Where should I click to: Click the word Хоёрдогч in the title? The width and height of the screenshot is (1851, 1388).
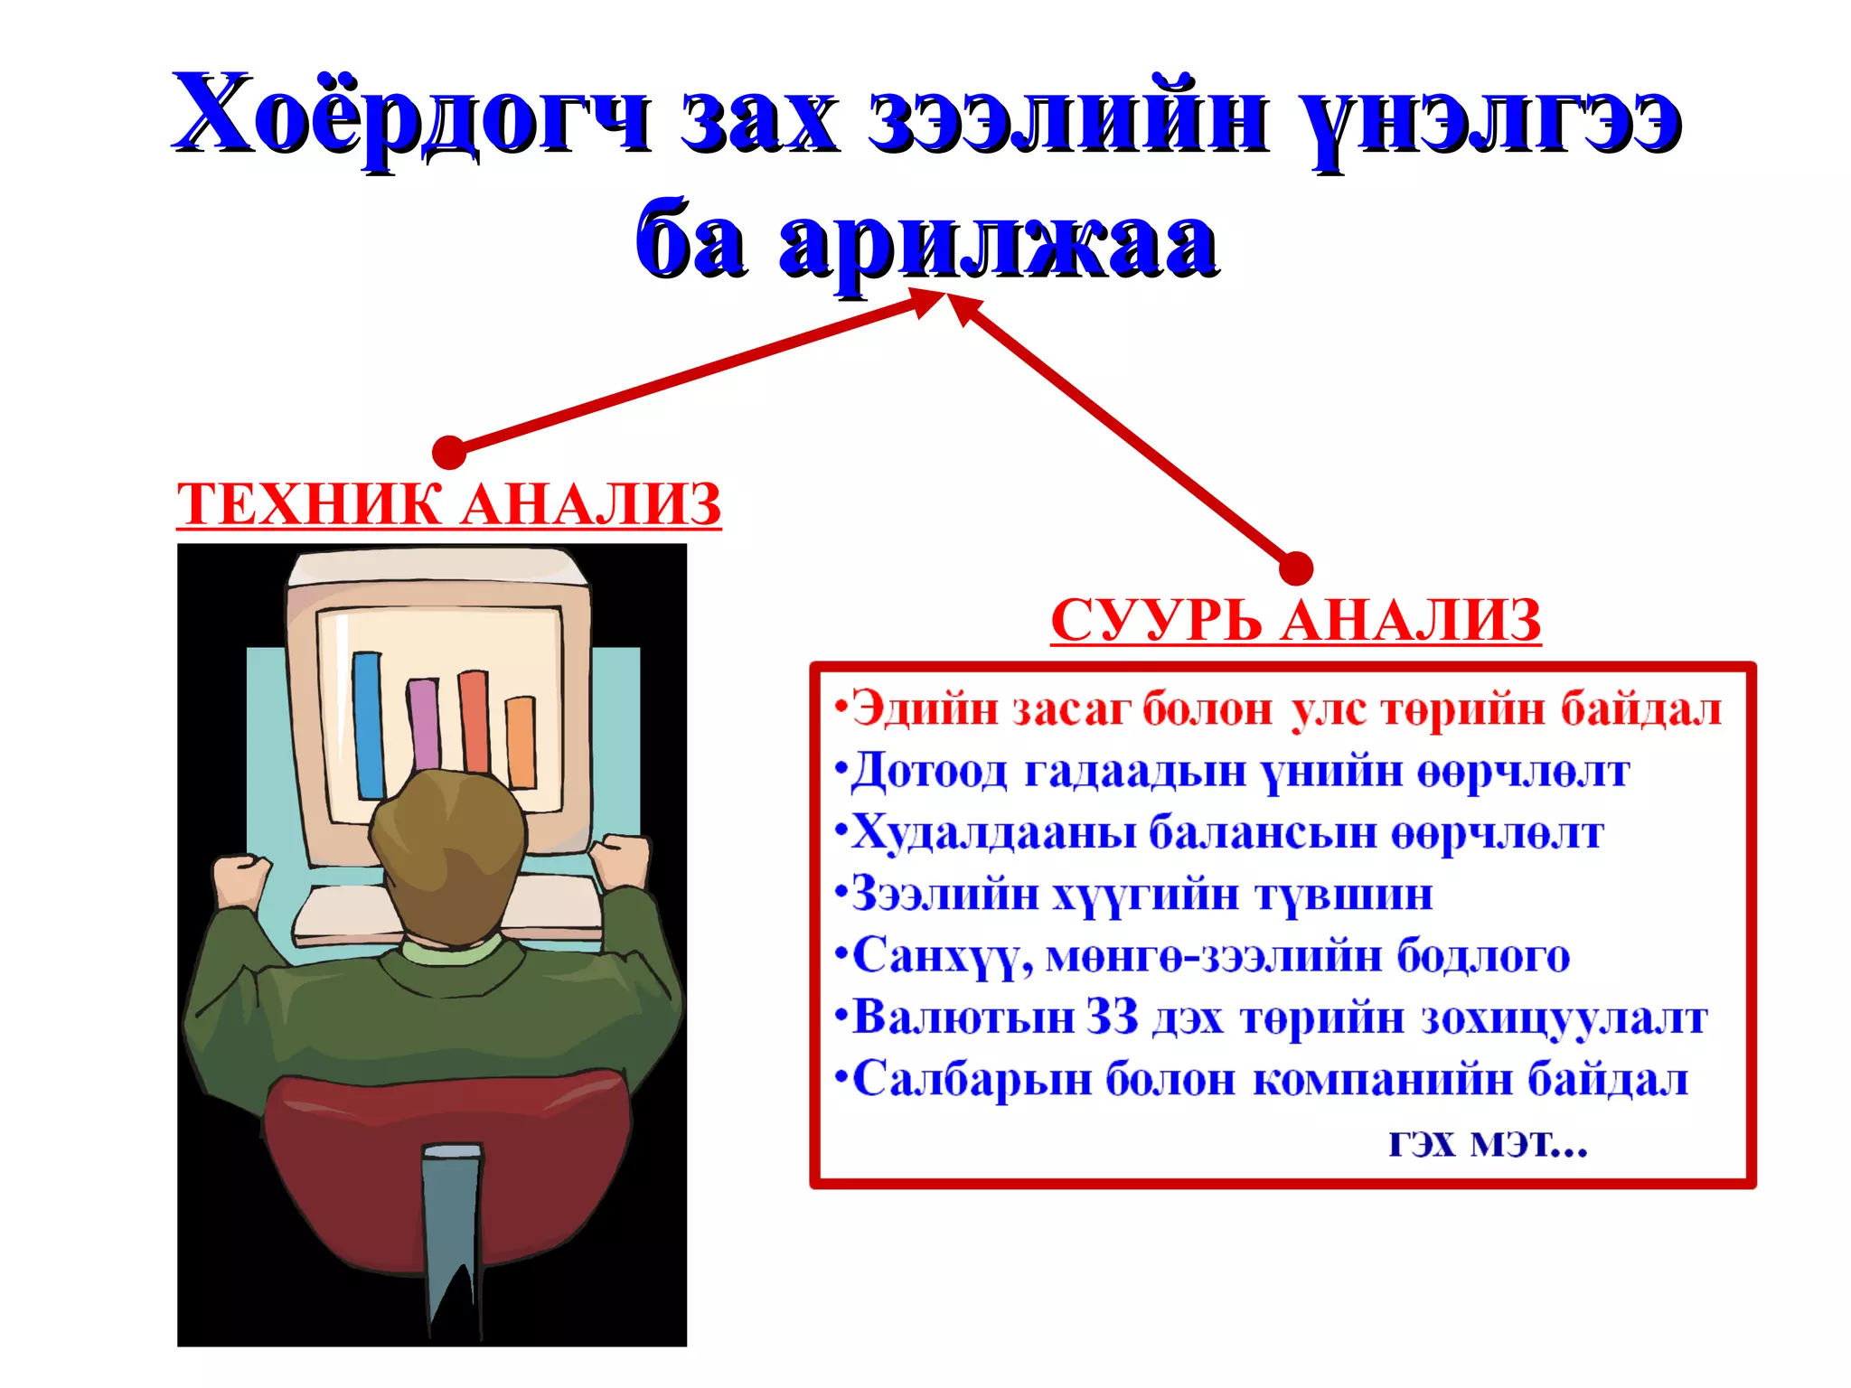point(411,116)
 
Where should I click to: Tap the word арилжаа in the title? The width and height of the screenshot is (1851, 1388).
point(999,242)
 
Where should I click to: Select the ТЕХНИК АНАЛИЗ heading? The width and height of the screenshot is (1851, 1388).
point(449,504)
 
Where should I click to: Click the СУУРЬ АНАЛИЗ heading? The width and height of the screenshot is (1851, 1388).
point(1295,622)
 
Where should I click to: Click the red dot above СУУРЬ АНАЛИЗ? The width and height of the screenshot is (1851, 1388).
point(1296,568)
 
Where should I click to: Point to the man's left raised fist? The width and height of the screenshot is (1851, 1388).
point(241,881)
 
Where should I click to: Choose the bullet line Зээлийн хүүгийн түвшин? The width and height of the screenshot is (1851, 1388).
point(1134,895)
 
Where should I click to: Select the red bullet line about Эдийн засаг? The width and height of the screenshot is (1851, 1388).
point(1279,709)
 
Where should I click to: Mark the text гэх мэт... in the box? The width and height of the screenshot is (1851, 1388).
point(1488,1143)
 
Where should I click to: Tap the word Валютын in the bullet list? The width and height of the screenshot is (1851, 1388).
point(963,1018)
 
